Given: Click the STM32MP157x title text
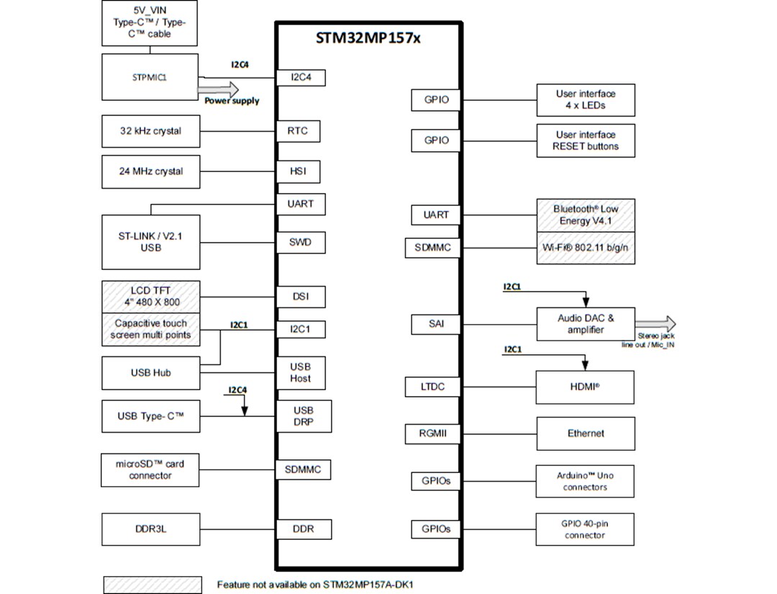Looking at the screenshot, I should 368,38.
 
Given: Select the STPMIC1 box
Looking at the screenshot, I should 150,77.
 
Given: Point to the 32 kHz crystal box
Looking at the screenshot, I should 150,131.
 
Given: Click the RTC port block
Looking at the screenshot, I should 298,131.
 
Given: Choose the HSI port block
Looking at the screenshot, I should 298,171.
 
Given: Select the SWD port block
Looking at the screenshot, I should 301,242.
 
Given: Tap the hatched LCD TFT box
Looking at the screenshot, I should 150,296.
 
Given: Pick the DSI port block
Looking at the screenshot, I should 301,297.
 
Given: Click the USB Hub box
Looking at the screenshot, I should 150,373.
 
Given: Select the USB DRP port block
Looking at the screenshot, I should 304,416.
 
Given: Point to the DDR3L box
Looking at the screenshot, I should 150,529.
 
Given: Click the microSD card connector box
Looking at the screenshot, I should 150,470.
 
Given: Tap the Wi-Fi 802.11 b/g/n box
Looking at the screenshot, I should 586,248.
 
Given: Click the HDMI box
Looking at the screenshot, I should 585,387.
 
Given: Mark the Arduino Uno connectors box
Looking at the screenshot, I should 585,481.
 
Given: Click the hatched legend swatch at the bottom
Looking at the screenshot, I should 152,585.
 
